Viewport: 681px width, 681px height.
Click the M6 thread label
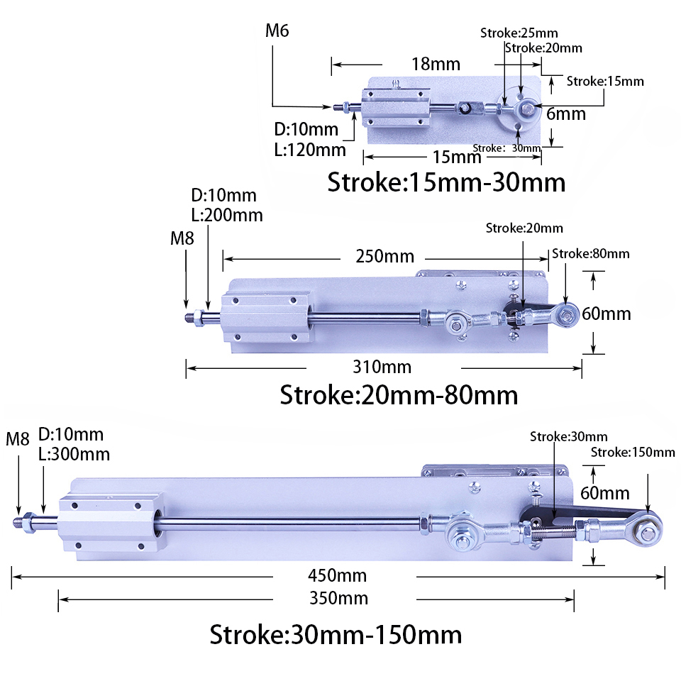tap(277, 31)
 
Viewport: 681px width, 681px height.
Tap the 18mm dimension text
tap(436, 64)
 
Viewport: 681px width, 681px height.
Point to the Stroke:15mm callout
tap(605, 81)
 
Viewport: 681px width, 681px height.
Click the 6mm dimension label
tap(565, 113)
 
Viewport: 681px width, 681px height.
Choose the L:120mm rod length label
tap(310, 150)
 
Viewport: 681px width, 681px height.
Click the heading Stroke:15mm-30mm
tap(445, 182)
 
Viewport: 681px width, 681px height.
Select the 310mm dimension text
tap(382, 367)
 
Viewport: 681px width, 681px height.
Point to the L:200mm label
tap(227, 215)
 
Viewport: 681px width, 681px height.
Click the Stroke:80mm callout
tap(590, 254)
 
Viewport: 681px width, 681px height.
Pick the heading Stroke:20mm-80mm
tap(399, 394)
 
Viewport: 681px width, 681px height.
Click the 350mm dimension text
tap(343, 598)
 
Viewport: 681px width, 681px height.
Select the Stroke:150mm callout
tap(633, 453)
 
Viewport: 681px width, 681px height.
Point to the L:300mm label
tap(74, 454)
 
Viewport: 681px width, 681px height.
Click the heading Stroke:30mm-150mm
tap(336, 633)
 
